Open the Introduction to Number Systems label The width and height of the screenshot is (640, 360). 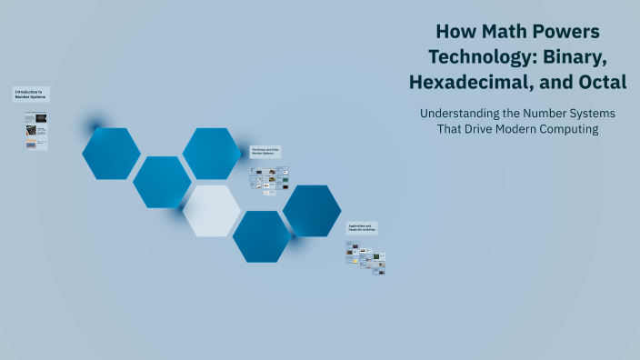pos(31,94)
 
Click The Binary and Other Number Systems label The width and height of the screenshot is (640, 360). pos(265,152)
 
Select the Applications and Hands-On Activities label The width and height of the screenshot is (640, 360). pos(362,227)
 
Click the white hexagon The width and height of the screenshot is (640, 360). pos(212,211)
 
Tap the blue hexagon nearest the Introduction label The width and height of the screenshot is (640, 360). pos(111,154)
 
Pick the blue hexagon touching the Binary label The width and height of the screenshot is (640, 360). pos(212,153)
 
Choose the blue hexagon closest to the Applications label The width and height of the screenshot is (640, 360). pos(312,211)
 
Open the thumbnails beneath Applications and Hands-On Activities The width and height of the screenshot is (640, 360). pos(365,257)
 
